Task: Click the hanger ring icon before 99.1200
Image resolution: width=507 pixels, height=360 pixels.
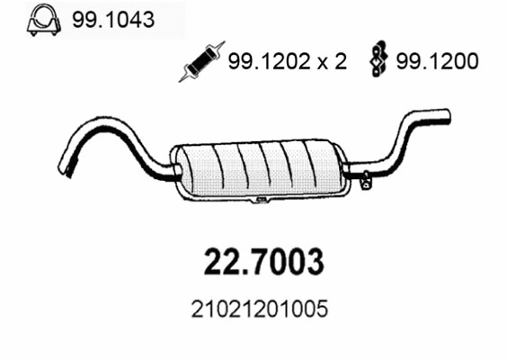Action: point(378,61)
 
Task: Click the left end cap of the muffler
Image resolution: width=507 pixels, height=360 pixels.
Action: point(180,168)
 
